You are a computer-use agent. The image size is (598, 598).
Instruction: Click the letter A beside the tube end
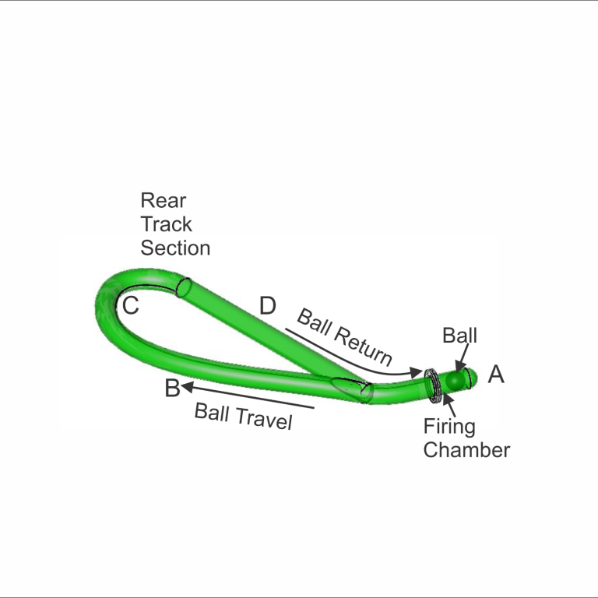tap(496, 374)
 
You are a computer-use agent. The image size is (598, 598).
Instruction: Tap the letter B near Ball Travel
tap(172, 388)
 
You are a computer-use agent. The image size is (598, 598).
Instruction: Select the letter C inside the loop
tap(131, 305)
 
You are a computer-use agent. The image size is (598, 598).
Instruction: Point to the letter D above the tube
tap(267, 305)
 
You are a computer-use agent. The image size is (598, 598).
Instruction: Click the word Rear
tap(164, 200)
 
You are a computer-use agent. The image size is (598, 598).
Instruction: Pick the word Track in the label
tap(167, 224)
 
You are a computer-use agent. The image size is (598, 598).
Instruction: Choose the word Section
tap(175, 248)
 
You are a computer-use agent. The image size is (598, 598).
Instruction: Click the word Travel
tap(264, 419)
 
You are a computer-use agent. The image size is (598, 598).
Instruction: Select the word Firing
tap(449, 427)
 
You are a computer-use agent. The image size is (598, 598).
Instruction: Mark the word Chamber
tap(466, 450)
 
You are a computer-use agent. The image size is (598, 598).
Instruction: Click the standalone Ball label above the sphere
tap(459, 336)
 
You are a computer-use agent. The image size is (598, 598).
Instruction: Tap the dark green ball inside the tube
tap(456, 380)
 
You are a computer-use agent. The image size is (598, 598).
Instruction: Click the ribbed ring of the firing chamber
tap(433, 385)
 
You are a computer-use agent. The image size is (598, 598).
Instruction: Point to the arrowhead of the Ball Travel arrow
tap(186, 387)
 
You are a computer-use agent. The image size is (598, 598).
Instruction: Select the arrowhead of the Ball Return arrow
tap(417, 372)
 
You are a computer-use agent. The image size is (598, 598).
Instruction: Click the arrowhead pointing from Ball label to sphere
tap(460, 368)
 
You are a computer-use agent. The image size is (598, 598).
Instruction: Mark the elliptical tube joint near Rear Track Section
tap(185, 287)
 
